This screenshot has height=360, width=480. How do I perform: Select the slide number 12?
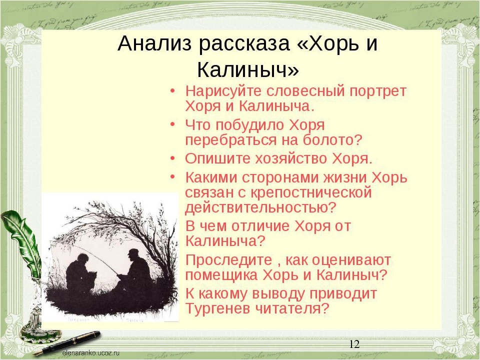pos(354,344)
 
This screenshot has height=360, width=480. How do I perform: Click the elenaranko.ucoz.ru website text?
pos(90,353)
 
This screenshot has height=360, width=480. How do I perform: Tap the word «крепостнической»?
pos(311,193)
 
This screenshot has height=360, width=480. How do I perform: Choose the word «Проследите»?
pos(228,260)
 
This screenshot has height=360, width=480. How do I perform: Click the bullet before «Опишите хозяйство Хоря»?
pos(173,158)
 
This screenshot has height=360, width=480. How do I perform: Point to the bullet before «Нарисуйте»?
pos(173,91)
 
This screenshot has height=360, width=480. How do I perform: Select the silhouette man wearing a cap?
pos(136,269)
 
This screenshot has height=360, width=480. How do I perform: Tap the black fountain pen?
pos(67,343)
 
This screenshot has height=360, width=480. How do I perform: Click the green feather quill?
pos(23,242)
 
